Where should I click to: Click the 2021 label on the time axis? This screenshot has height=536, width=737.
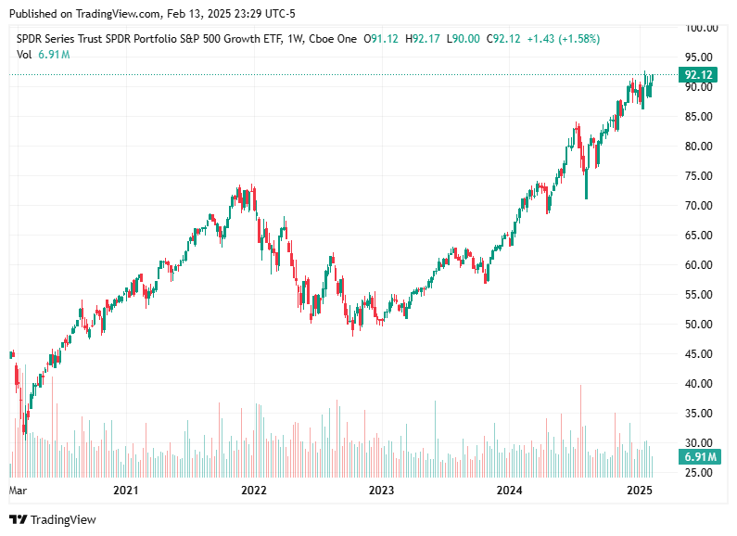[x=125, y=490]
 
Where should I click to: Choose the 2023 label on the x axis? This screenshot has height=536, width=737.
[x=381, y=490]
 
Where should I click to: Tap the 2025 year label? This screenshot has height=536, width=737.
[x=638, y=490]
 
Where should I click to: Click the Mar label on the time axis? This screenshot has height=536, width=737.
[x=18, y=490]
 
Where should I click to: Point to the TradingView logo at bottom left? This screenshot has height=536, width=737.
[x=53, y=520]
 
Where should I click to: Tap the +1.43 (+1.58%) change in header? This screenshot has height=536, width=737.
[x=563, y=39]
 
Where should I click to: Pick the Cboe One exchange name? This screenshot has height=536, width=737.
[x=332, y=39]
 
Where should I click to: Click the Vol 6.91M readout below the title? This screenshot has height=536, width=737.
[x=44, y=55]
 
